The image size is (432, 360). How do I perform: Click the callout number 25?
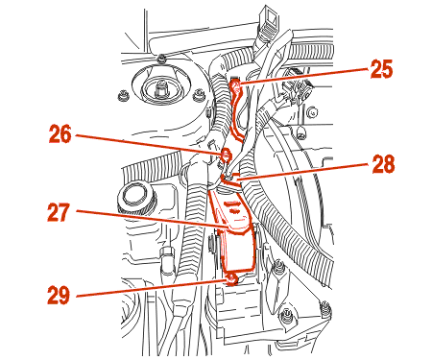pyautogui.click(x=381, y=69)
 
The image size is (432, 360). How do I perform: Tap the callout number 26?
pyautogui.click(x=60, y=134)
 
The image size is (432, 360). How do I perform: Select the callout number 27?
pyautogui.click(x=59, y=212)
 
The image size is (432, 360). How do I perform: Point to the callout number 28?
pyautogui.click(x=383, y=164)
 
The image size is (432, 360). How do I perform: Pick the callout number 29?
pyautogui.click(x=59, y=295)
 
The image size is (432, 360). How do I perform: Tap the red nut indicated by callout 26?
pyautogui.click(x=226, y=155)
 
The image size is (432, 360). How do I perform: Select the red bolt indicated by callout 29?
pyautogui.click(x=231, y=279)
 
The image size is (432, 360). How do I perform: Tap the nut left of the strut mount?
pyautogui.click(x=123, y=96)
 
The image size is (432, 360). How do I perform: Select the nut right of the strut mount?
pyautogui.click(x=198, y=96)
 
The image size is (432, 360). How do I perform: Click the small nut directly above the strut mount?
pyautogui.click(x=162, y=59)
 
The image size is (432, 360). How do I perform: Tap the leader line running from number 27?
pyautogui.click(x=153, y=219)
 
